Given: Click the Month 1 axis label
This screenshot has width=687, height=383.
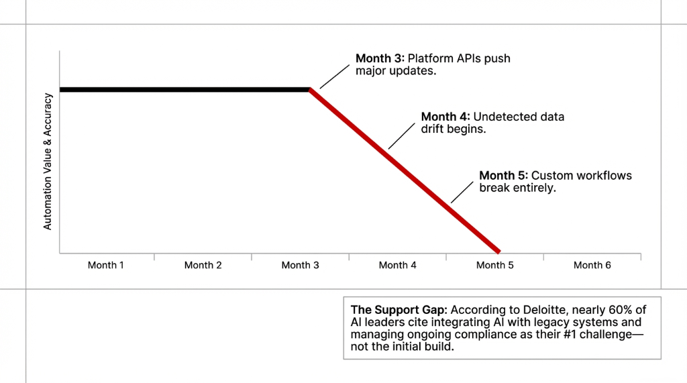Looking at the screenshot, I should (106, 266).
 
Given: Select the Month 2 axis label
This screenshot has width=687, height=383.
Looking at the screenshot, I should (203, 266).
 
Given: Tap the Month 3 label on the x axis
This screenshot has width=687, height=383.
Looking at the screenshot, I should (301, 266).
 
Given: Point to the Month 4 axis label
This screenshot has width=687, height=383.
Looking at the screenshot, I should (398, 266).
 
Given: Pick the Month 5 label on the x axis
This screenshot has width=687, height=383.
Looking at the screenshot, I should (495, 266).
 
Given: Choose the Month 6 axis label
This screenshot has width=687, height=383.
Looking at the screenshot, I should (592, 266).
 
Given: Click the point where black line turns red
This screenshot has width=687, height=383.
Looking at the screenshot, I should (310, 89).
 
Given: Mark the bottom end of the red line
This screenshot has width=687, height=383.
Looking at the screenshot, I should (498, 252).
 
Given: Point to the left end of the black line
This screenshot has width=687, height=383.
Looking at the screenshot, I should (60, 89).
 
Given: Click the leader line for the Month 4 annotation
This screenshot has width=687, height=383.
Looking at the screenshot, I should (401, 135).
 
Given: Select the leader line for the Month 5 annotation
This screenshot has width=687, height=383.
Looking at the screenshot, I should (462, 192).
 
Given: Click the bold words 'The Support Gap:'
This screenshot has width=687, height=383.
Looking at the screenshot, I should (399, 310).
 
